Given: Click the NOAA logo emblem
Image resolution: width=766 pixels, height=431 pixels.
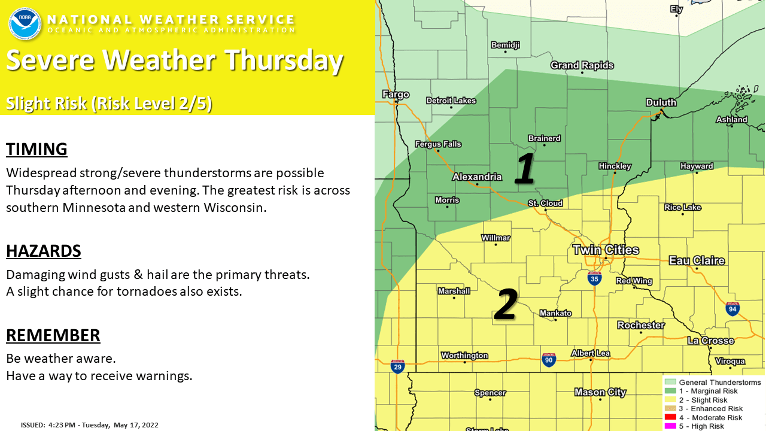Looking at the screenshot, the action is coord(25,24).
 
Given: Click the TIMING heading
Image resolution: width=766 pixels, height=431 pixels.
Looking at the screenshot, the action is coord(37,150).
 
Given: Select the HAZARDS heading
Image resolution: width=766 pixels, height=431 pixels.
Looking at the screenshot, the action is coord(44,251).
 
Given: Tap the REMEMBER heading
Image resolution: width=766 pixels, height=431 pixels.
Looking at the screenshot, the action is coord(53,335).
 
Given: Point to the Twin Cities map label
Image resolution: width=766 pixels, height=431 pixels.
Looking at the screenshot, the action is coord(606,250).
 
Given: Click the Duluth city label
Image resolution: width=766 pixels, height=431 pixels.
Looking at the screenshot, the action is coord(661,102).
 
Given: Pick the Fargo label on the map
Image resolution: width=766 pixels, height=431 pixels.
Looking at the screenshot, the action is coord(396,94).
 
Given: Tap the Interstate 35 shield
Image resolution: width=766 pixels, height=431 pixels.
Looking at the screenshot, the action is coord(594,278).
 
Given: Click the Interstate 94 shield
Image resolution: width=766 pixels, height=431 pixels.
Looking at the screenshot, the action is coord(732,309).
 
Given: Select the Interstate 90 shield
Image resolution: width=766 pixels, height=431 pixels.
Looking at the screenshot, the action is coord(549,360).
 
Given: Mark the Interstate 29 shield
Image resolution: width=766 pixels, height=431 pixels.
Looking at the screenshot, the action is coord(397,366).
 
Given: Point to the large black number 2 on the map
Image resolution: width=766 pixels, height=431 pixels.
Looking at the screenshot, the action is coord(506,304).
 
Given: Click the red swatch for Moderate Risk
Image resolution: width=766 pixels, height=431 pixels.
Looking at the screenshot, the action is coord(670,417).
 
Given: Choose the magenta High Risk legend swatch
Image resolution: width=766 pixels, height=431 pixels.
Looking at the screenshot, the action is coord(670,426).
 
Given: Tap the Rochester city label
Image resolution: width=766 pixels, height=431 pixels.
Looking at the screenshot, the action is coord(641,325).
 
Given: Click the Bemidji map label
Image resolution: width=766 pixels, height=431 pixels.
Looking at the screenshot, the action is coord(506,45).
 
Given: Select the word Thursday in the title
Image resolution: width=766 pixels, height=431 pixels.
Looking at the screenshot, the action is coord(284,60).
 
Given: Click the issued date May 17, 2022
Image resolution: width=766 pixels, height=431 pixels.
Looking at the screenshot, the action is coord(136,425).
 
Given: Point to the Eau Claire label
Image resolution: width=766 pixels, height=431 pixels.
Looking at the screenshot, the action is coord(697,260).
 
